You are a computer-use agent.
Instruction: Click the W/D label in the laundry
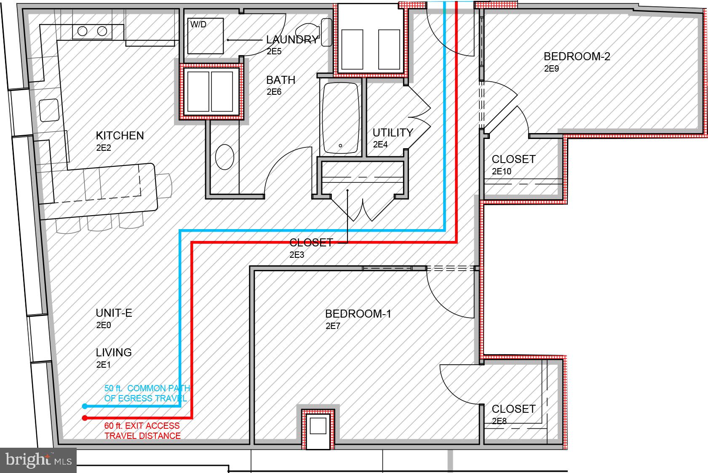coord(198,25)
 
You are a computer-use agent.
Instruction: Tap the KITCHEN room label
coord(120,136)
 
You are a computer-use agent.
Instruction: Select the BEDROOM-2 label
coord(577,56)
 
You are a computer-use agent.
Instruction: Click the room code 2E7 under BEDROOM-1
coord(333,326)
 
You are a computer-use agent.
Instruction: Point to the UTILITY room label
coord(393,133)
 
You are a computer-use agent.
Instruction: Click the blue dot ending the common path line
coord(85,406)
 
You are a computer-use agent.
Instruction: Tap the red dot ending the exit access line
coord(85,418)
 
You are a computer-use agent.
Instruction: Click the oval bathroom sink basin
coord(224,157)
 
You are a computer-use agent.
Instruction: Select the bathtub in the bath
coord(341,118)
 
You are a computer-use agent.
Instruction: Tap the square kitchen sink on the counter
coord(49,110)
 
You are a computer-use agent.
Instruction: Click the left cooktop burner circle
coord(83,31)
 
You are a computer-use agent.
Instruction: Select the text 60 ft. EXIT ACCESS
coord(142,426)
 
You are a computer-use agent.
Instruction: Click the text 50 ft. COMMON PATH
coord(147,388)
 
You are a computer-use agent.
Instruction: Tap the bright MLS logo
coord(38,460)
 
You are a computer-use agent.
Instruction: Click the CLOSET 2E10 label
coord(513,159)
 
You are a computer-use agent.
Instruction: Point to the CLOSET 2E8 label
coord(513,409)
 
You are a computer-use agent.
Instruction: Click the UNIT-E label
coord(114,313)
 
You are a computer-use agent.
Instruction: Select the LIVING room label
coord(114,353)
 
